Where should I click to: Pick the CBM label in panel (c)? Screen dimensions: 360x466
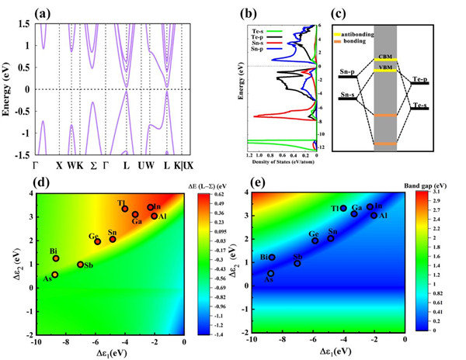385,57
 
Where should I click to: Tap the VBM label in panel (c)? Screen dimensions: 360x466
385,69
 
